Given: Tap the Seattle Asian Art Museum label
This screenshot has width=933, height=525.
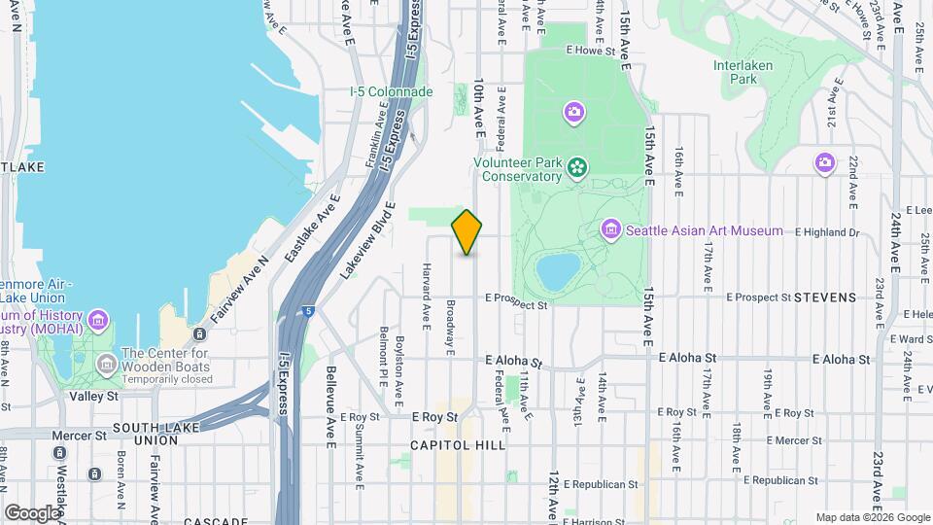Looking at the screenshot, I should pos(704,231).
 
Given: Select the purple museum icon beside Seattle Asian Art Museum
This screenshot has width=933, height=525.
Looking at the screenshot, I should pos(611,230).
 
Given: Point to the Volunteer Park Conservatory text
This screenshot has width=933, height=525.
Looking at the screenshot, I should pos(517,170).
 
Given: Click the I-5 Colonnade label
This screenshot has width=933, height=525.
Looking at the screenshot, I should pos(391,91).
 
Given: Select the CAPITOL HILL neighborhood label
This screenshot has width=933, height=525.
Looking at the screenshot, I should pos(458,445).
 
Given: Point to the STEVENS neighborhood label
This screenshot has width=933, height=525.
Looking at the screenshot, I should pos(825,297).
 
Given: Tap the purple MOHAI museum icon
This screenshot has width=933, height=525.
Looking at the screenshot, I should pos(98,320).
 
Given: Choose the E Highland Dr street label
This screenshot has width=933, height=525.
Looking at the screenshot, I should pos(827,232).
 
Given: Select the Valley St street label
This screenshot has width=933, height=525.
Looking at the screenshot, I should pos(93,397).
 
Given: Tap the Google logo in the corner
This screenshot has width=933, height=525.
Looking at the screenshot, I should pos(33,512).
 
